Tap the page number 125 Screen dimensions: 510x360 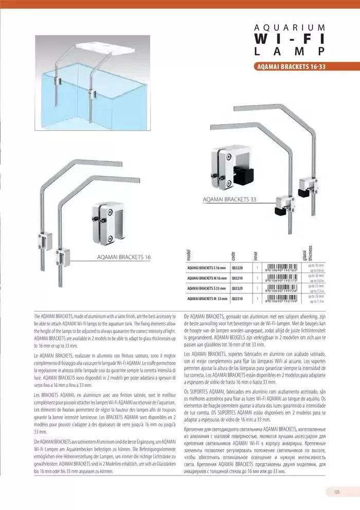coord(336,491)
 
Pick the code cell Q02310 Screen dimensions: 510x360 coord(237,298)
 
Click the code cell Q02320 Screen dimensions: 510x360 coord(237,288)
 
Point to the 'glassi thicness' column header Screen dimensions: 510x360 coord(308,253)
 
